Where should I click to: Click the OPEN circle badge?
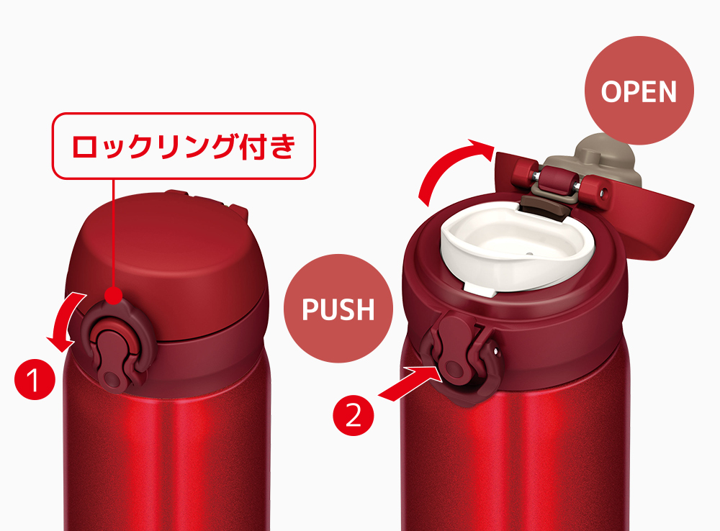[639, 91]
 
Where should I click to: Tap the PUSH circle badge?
[338, 309]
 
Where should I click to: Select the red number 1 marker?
[35, 380]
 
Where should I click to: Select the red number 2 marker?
[353, 417]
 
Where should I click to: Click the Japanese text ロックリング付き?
[184, 146]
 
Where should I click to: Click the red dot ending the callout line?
[114, 295]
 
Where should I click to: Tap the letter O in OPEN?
[611, 91]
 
